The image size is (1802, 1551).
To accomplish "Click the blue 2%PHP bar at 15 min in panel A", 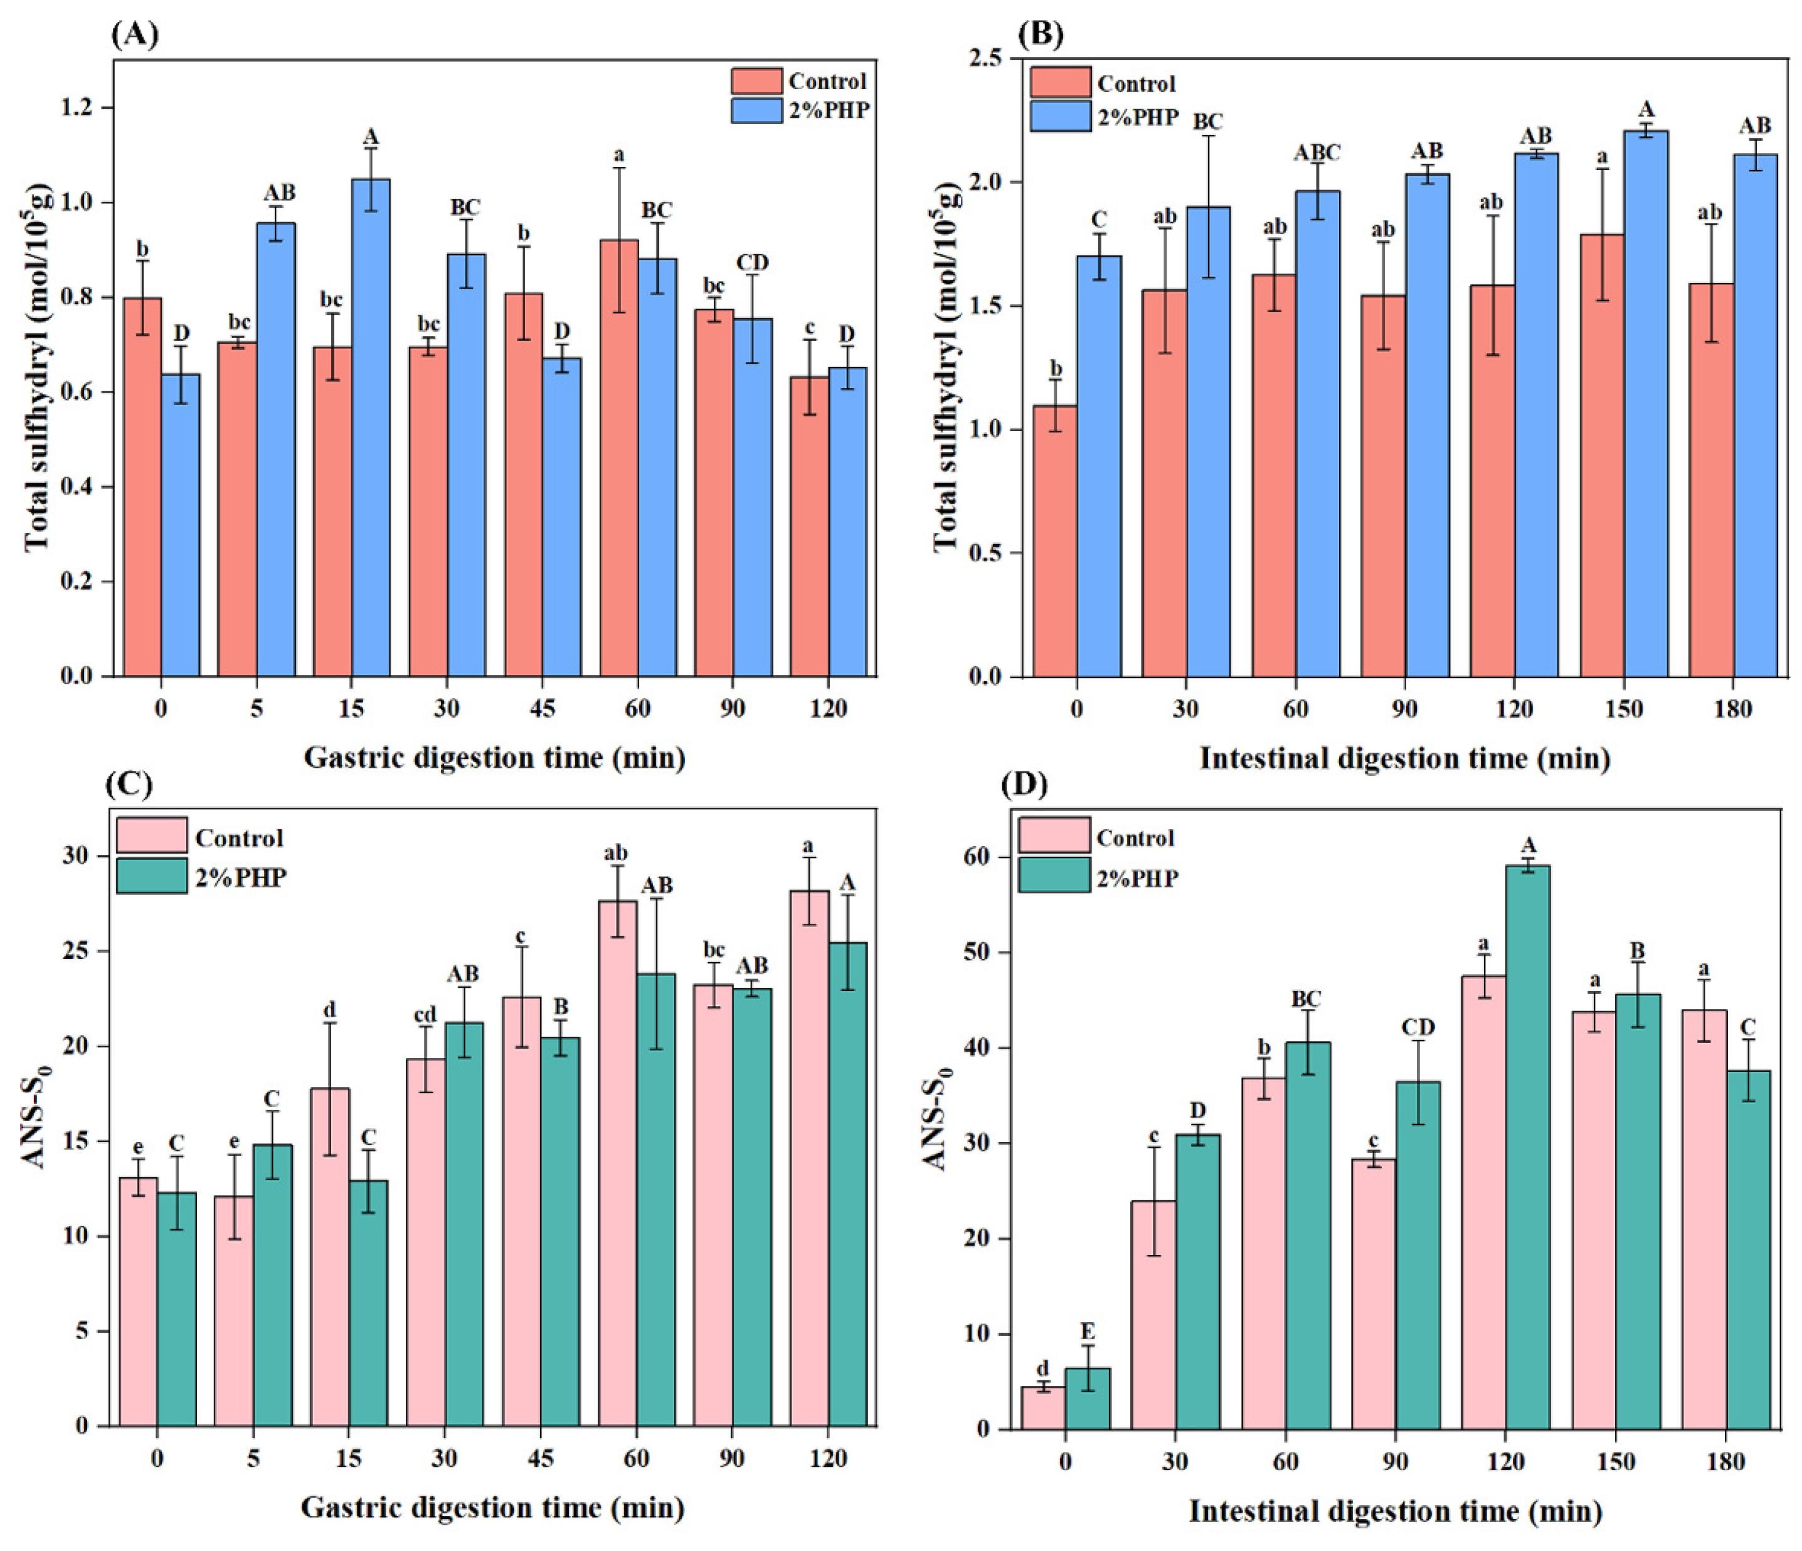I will coord(371,426).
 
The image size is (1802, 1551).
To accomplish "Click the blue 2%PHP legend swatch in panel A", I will coord(756,110).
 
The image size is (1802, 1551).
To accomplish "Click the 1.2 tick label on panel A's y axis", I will coord(80,108).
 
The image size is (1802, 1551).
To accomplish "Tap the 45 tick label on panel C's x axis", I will coord(540,1458).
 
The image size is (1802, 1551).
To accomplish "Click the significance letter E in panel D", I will coord(1087,1332).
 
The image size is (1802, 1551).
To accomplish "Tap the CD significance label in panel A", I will coord(752,263).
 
